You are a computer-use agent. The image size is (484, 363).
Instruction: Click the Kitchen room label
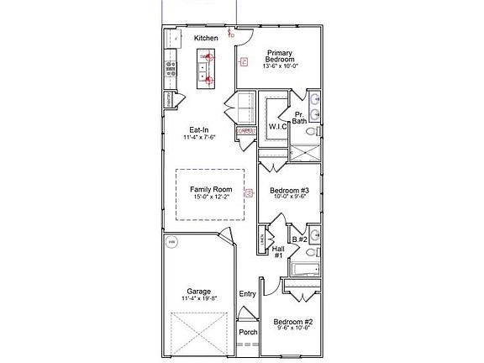click(x=206, y=39)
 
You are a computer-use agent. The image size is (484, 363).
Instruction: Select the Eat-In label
click(x=199, y=130)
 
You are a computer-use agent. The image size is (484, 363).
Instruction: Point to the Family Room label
click(x=210, y=191)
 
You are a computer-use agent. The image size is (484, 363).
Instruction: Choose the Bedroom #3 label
click(x=289, y=191)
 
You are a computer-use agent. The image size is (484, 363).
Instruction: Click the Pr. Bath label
click(x=300, y=118)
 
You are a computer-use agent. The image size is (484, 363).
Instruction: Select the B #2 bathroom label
click(x=300, y=239)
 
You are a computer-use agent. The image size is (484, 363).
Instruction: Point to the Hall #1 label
click(x=279, y=252)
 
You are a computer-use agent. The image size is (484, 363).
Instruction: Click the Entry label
click(x=247, y=293)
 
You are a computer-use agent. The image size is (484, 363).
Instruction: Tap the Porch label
click(x=248, y=332)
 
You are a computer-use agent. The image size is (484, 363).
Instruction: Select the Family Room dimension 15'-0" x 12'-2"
click(x=210, y=199)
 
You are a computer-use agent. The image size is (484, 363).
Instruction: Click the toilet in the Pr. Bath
click(x=311, y=133)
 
